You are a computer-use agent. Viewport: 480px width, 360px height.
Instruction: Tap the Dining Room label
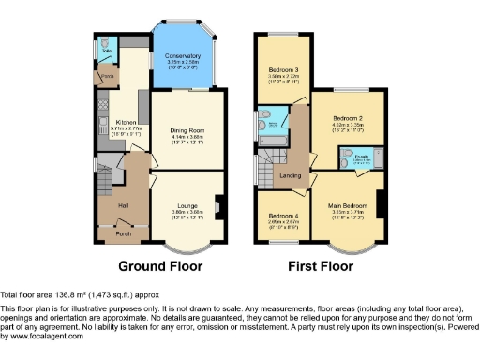tap(187, 130)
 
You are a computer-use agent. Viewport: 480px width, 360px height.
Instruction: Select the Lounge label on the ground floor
tap(187, 203)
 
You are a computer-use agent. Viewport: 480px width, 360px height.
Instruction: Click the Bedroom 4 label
tap(283, 216)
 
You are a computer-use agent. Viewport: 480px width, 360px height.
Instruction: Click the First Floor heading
tap(322, 265)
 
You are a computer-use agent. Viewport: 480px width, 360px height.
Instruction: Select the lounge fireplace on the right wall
tap(217, 204)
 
